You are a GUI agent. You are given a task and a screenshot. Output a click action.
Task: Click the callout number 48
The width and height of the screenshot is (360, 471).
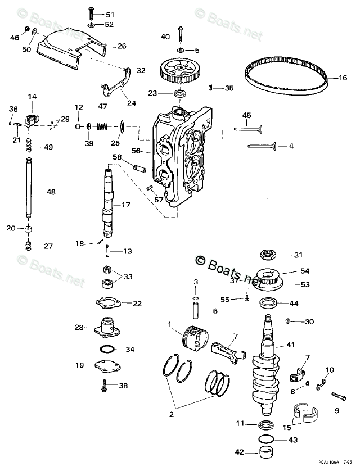[x=51, y=192]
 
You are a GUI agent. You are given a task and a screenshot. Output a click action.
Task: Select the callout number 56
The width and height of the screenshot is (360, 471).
[x=136, y=151]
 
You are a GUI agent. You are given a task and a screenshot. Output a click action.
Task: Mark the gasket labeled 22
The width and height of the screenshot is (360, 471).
[x=111, y=303]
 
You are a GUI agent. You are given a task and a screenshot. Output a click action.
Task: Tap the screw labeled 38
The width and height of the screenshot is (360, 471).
[x=106, y=386]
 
